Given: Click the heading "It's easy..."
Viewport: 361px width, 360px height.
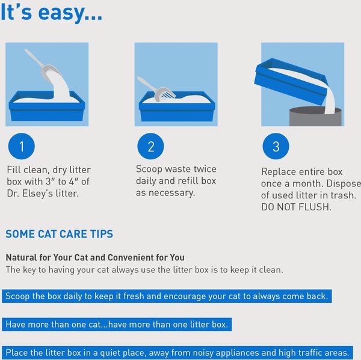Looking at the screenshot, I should [x=51, y=12].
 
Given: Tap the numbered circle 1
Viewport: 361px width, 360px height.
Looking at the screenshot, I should [x=22, y=147].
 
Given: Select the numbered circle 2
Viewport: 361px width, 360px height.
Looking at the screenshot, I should [x=150, y=147].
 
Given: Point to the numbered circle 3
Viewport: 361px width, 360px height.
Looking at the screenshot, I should [x=276, y=147].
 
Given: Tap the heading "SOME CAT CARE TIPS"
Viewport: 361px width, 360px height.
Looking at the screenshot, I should [x=59, y=234].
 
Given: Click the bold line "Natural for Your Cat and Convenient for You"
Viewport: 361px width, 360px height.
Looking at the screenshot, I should [x=95, y=257].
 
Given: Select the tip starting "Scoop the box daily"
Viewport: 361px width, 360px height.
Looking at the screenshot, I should [x=166, y=297].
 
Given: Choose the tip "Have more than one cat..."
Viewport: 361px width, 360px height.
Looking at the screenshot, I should [x=117, y=325].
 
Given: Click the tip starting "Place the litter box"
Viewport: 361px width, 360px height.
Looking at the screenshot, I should [x=176, y=352].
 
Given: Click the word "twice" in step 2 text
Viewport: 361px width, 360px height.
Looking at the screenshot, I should [x=204, y=169].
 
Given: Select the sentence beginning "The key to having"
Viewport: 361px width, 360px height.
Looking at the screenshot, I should [x=144, y=270].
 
